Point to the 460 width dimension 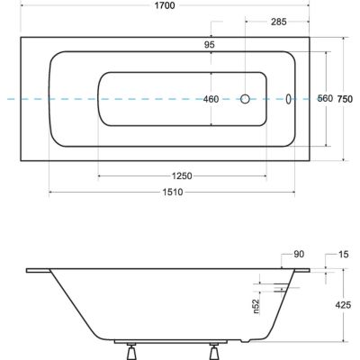click(211, 100)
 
